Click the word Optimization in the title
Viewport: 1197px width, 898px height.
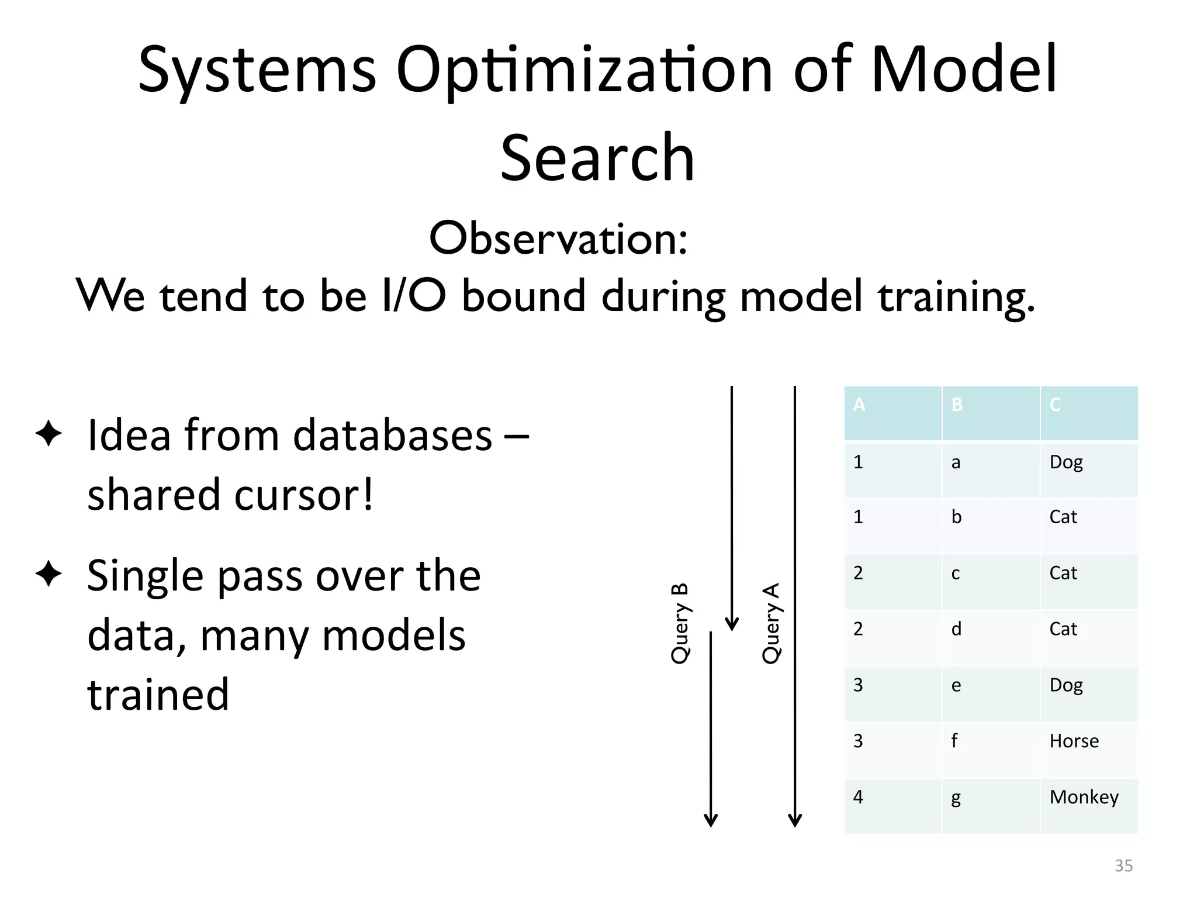click(584, 70)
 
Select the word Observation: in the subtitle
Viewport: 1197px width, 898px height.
click(558, 239)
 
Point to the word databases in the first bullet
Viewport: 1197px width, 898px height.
click(392, 436)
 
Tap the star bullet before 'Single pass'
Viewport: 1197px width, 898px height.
click(49, 574)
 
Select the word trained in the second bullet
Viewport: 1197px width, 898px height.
click(158, 694)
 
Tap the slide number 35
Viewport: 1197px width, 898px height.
click(1123, 865)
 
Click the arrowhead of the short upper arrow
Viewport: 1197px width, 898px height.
click(732, 624)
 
